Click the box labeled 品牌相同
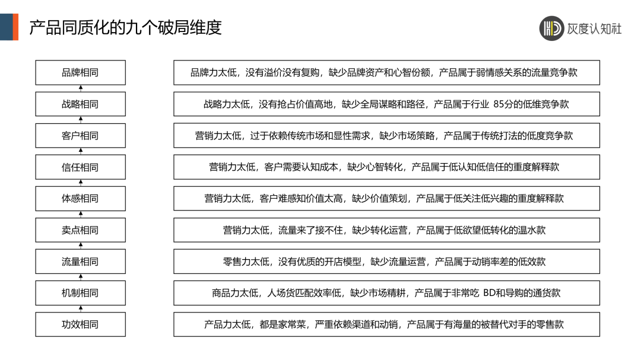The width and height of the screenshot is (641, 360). pos(80,72)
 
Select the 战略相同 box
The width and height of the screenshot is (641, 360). pos(80,104)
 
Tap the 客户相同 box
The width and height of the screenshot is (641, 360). pos(80,135)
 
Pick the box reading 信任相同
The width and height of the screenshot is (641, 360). pos(80,167)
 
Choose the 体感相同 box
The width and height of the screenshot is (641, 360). pos(80,198)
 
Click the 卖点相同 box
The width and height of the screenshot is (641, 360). pos(80,230)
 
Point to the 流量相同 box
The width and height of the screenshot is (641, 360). pos(80,261)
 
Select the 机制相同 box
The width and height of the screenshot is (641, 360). pos(80,292)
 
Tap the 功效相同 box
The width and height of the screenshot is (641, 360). pos(80,324)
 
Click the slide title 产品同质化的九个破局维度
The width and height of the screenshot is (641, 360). pos(125,27)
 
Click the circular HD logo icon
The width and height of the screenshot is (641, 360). pos(551,28)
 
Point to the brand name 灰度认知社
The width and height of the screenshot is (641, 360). pos(595,28)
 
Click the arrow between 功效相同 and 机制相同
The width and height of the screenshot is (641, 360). pos(81,308)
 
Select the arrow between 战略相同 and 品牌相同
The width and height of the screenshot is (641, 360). pos(81,88)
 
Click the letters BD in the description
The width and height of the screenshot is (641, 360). pos(490,292)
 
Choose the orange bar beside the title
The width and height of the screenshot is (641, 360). pos(16,27)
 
